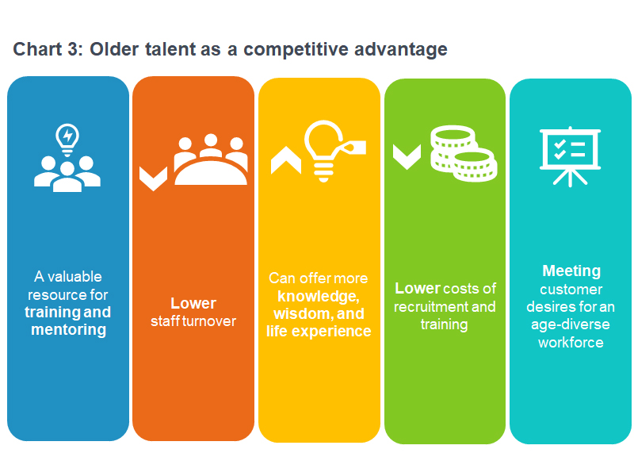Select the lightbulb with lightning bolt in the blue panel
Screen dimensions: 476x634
coord(67,136)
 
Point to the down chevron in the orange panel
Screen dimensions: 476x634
coord(153,177)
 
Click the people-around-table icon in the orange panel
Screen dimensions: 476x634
coord(210,159)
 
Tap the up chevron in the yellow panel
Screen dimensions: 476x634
coord(285,159)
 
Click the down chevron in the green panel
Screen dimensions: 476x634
coord(407,155)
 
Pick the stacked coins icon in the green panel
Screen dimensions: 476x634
coord(462,153)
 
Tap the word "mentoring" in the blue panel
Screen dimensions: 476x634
coord(68,329)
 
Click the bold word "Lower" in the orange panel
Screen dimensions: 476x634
coord(193,304)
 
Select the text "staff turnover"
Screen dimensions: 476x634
coord(193,321)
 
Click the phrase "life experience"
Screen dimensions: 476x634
coord(319,331)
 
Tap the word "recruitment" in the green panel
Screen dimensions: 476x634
coord(430,307)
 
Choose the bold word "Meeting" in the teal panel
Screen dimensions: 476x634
coord(571,271)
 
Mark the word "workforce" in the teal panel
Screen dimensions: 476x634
coord(571,342)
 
